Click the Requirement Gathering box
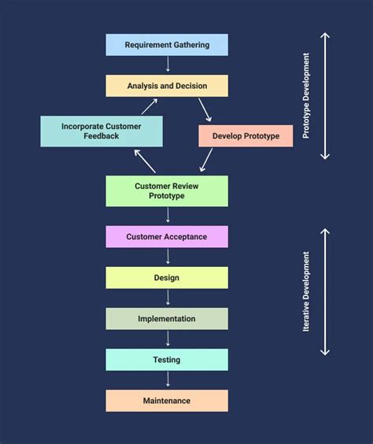click(x=167, y=45)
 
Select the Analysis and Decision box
click(x=167, y=86)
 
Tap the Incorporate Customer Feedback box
click(x=102, y=131)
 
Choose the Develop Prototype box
click(x=246, y=136)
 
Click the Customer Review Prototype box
click(x=167, y=191)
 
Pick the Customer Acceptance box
click(x=167, y=237)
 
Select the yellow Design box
click(x=167, y=278)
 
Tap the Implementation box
click(x=167, y=319)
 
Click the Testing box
click(x=167, y=360)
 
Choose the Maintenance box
click(x=167, y=401)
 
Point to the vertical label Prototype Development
click(x=306, y=96)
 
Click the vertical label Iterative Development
click(x=306, y=291)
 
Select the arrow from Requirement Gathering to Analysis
click(x=167, y=65)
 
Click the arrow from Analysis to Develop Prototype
click(x=205, y=109)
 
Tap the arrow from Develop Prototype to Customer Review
click(x=206, y=160)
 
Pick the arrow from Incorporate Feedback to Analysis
click(x=149, y=107)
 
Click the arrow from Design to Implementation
click(x=167, y=298)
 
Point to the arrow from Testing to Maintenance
click(x=167, y=380)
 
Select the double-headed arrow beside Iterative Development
click(x=325, y=291)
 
